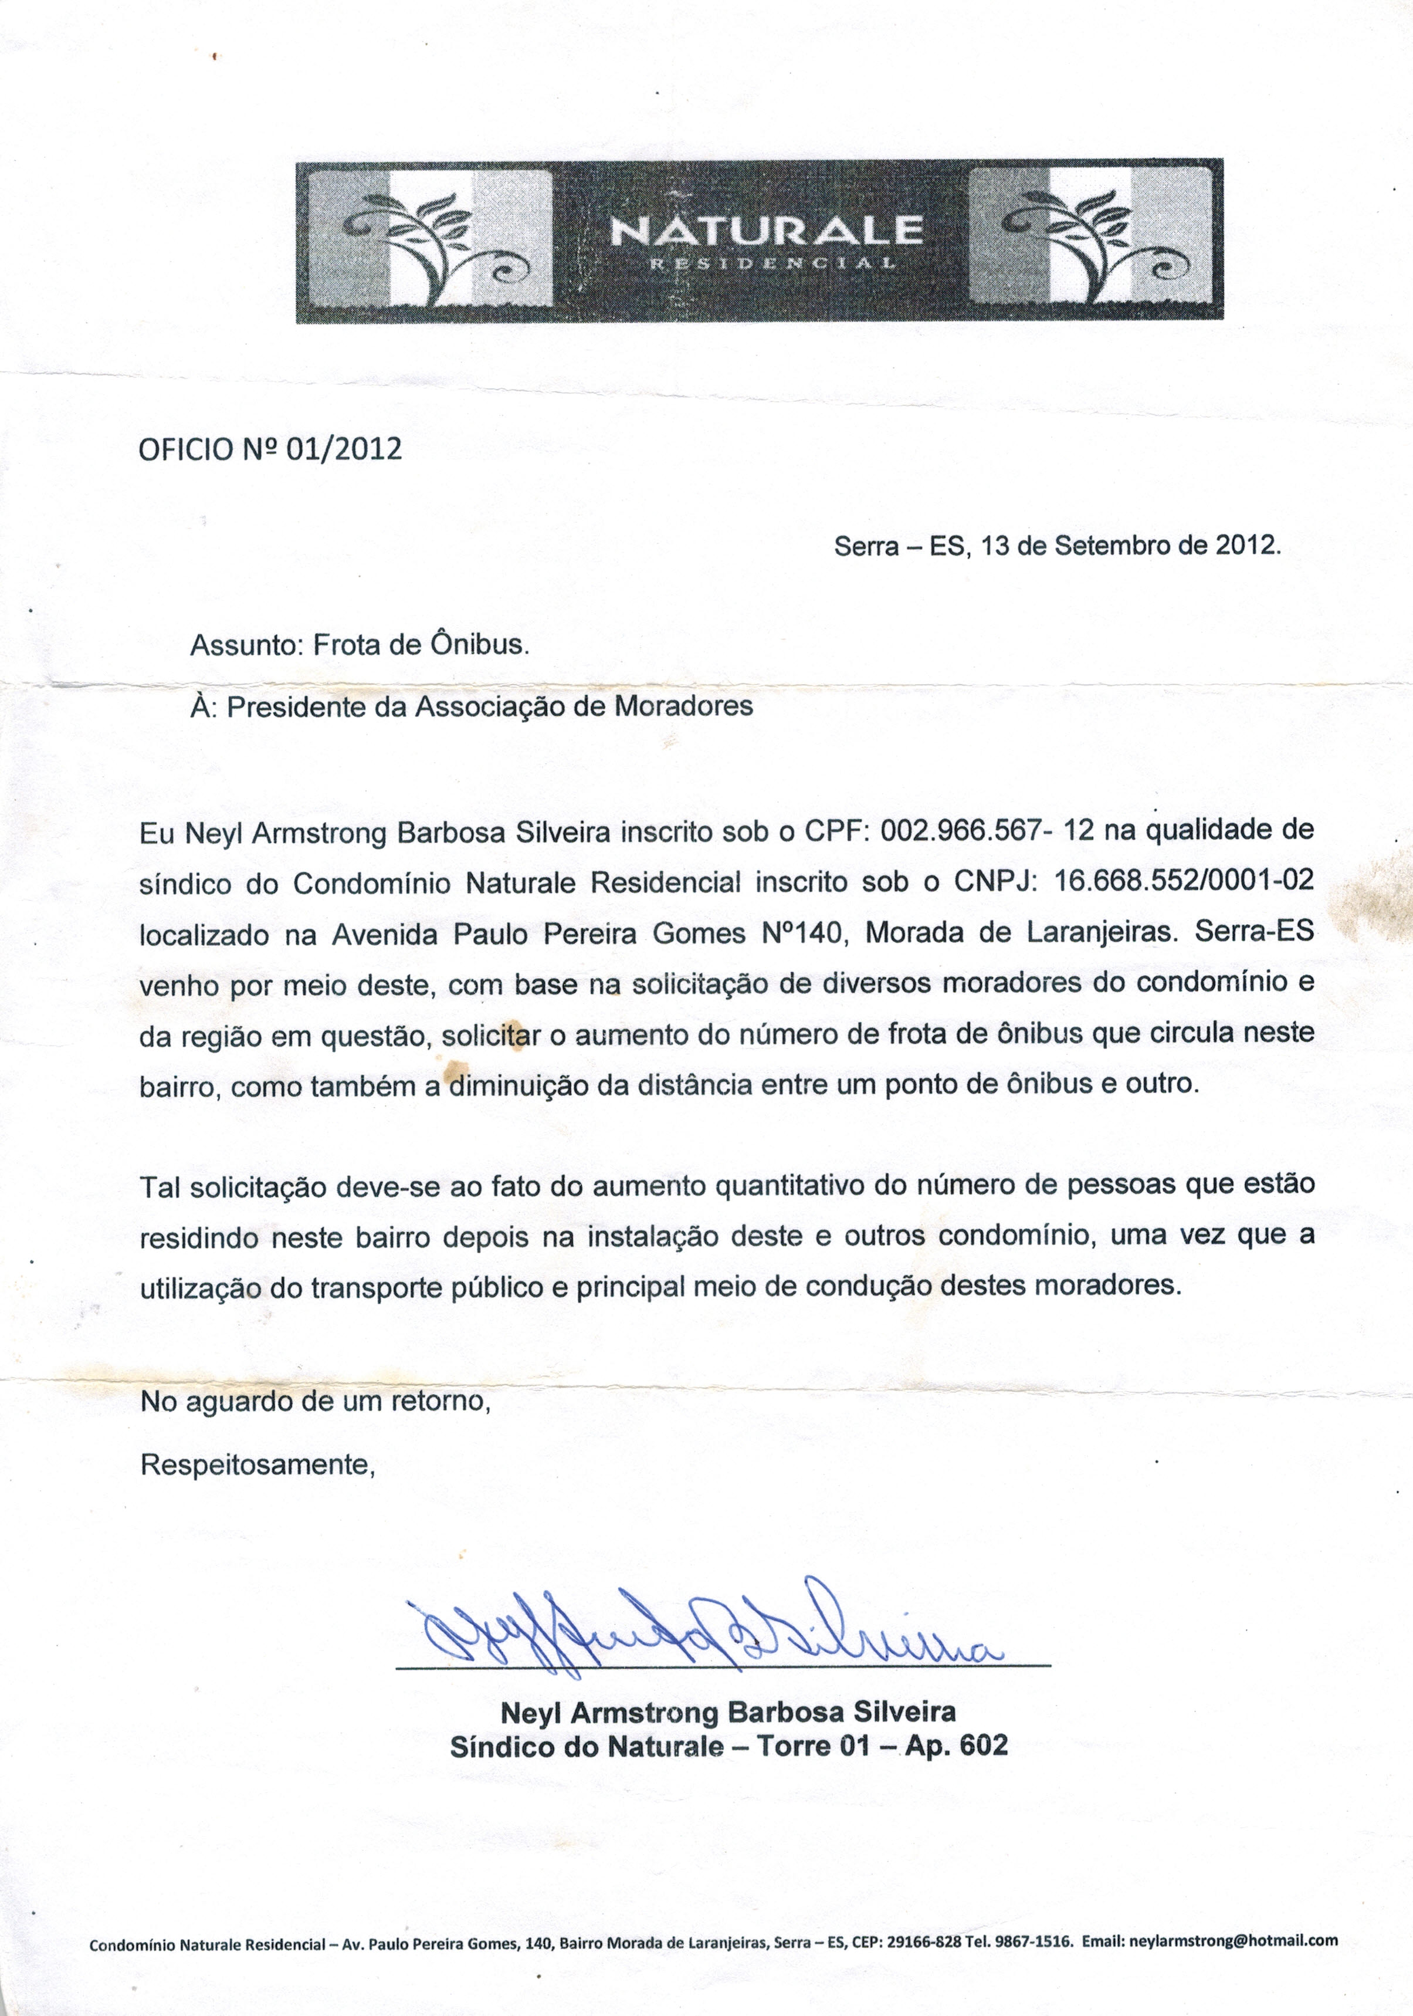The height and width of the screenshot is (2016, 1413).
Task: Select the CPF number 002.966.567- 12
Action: point(987,830)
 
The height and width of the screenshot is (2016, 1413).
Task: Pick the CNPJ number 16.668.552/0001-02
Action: point(1183,881)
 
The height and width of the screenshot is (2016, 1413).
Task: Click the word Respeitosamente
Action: point(257,1464)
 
